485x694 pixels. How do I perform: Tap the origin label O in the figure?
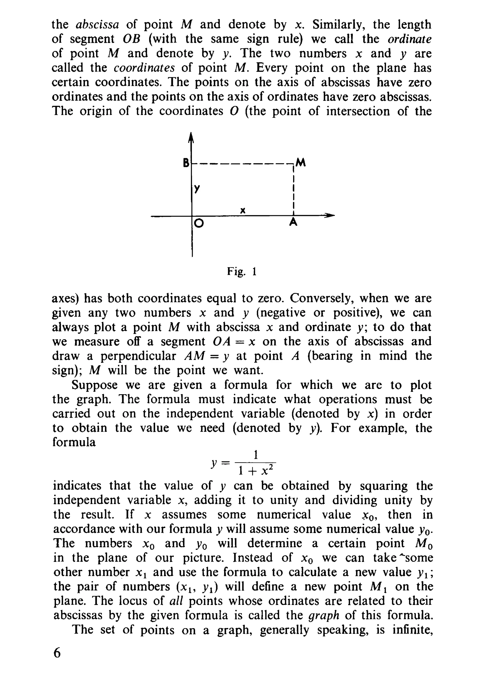click(x=198, y=223)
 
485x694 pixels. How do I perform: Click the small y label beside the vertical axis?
click(x=197, y=188)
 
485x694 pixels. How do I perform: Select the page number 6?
click(x=57, y=653)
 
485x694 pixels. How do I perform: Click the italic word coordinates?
click(x=144, y=68)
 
